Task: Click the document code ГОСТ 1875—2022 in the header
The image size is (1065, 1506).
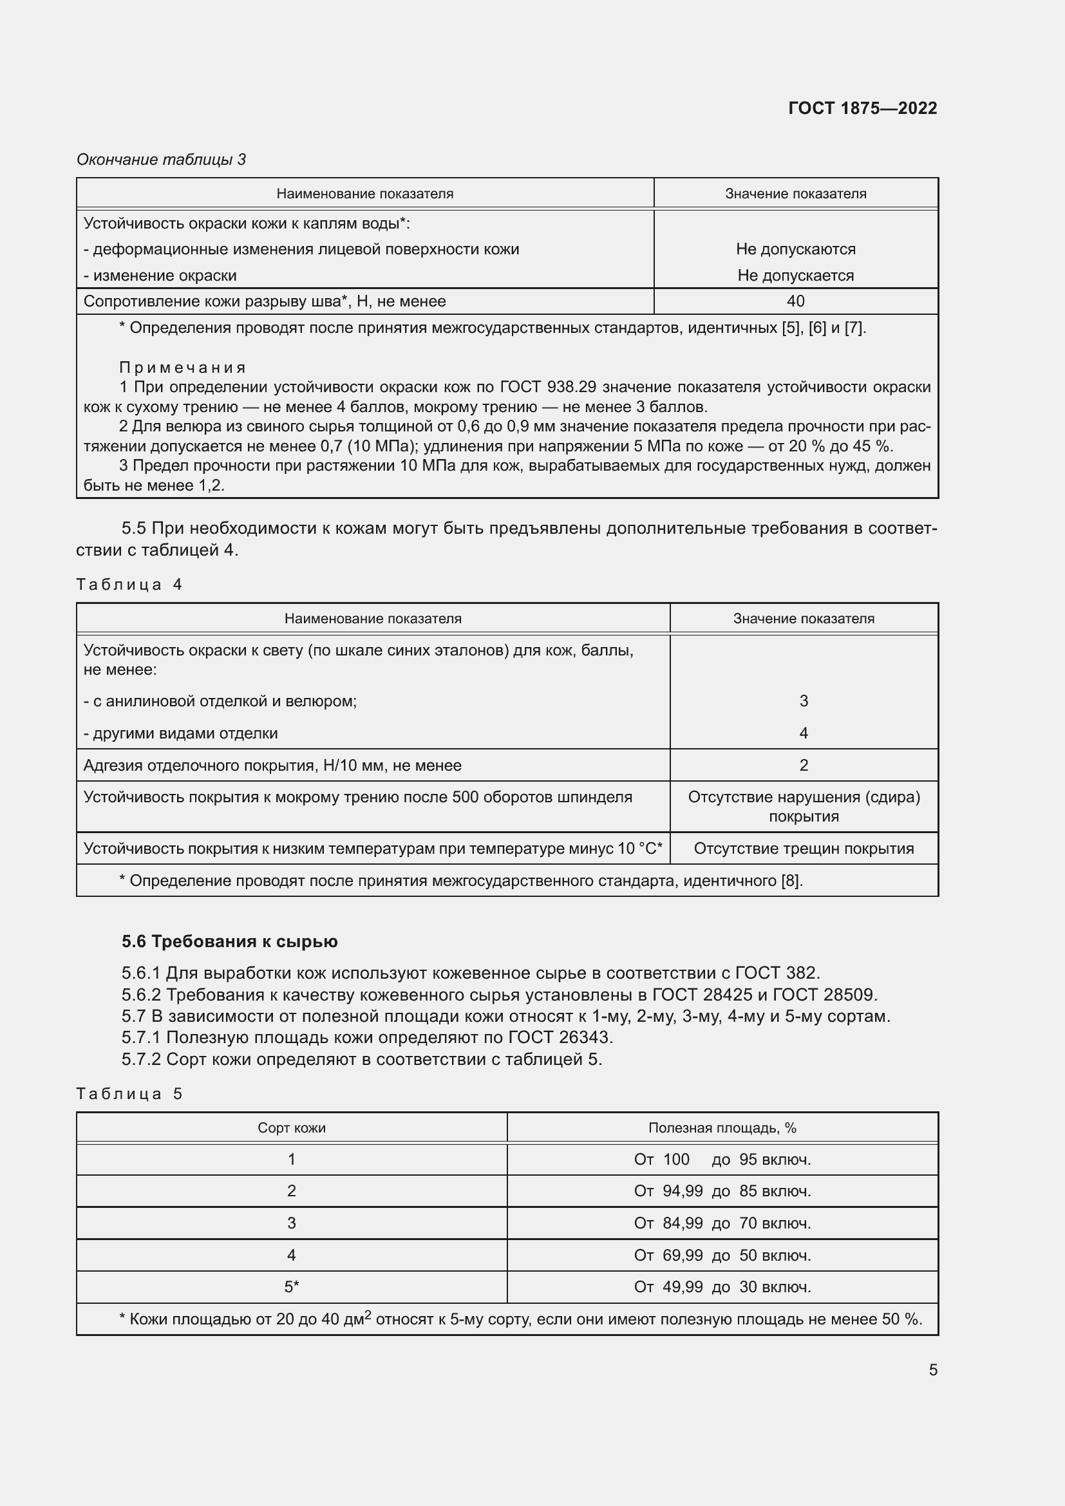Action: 862,108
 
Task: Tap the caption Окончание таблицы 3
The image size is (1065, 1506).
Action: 162,160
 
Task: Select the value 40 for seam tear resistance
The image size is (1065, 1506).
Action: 795,301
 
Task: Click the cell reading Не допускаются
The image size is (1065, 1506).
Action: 795,249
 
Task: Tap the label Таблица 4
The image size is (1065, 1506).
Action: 129,585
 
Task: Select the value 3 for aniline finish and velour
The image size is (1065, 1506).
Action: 804,701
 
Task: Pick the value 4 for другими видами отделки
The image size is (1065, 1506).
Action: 804,733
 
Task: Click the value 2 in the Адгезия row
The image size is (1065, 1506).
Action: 804,766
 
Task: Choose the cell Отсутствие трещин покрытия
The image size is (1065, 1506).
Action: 804,849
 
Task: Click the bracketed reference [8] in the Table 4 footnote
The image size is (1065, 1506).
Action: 790,881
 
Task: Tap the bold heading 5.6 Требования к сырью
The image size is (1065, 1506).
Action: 229,942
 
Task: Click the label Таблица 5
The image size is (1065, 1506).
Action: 129,1093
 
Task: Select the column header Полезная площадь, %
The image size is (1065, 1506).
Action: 722,1127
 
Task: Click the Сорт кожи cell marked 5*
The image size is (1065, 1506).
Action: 291,1287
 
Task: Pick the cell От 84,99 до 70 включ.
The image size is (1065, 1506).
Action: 722,1223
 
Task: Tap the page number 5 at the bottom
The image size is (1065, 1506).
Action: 932,1370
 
